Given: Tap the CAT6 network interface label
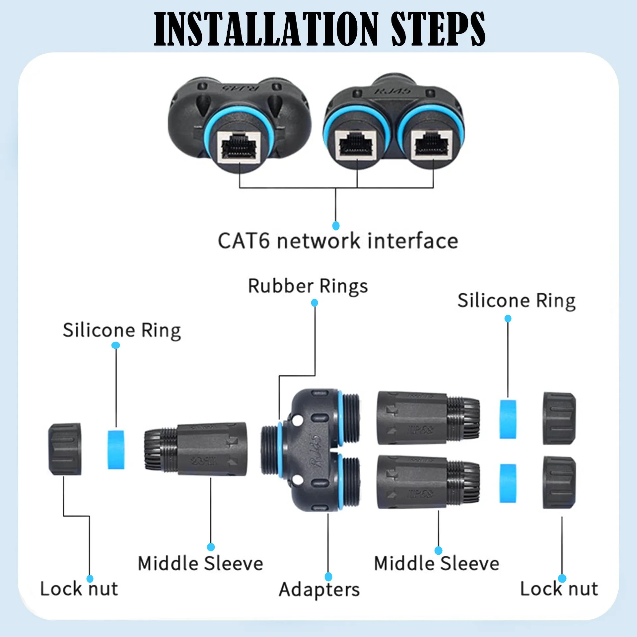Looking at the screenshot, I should click(338, 241).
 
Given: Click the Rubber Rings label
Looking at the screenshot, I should click(308, 286).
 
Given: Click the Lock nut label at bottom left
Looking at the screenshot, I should click(79, 589).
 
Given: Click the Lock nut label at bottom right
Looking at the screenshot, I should click(559, 589).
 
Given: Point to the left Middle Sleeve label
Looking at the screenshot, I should click(200, 563).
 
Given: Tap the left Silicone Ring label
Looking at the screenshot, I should click(122, 330).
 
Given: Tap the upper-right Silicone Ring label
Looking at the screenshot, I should click(516, 301).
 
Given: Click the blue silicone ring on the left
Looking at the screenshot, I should click(116, 450).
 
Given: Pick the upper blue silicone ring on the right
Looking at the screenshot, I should click(508, 419).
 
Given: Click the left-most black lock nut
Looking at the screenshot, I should click(65, 449).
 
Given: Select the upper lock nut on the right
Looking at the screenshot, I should click(559, 418).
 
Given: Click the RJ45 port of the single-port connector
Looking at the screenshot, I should click(240, 146).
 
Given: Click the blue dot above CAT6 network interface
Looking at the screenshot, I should click(336, 226).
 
